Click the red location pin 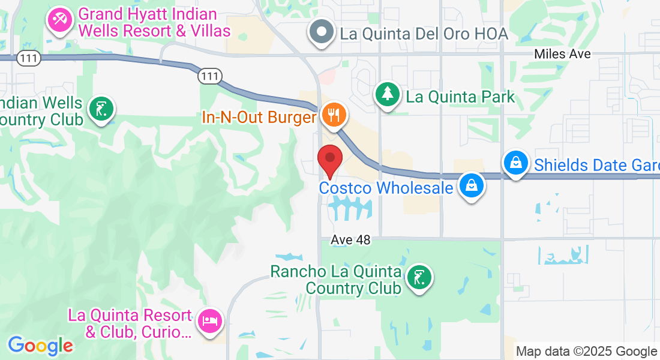tap(329, 159)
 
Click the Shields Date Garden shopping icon tap(515, 163)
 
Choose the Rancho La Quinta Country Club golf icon tap(418, 278)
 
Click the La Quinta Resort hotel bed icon tap(209, 320)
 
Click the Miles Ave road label tap(563, 54)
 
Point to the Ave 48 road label tap(350, 240)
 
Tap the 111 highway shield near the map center tap(210, 76)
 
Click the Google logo tap(40, 346)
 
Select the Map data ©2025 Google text tap(586, 352)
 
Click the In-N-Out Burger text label tap(259, 116)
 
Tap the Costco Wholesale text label tap(386, 188)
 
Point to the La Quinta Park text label tap(460, 97)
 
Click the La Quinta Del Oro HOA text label tap(424, 34)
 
